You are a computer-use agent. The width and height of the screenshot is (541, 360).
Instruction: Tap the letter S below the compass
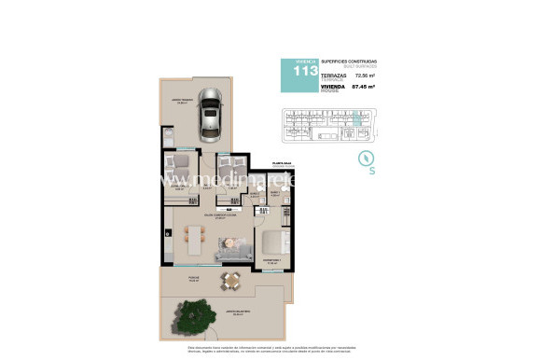(372, 172)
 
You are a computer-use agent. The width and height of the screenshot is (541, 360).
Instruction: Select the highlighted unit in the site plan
(355, 119)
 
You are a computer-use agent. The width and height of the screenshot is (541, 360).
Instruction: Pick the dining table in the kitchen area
(195, 240)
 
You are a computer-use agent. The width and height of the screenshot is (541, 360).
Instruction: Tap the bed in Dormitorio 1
(278, 237)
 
